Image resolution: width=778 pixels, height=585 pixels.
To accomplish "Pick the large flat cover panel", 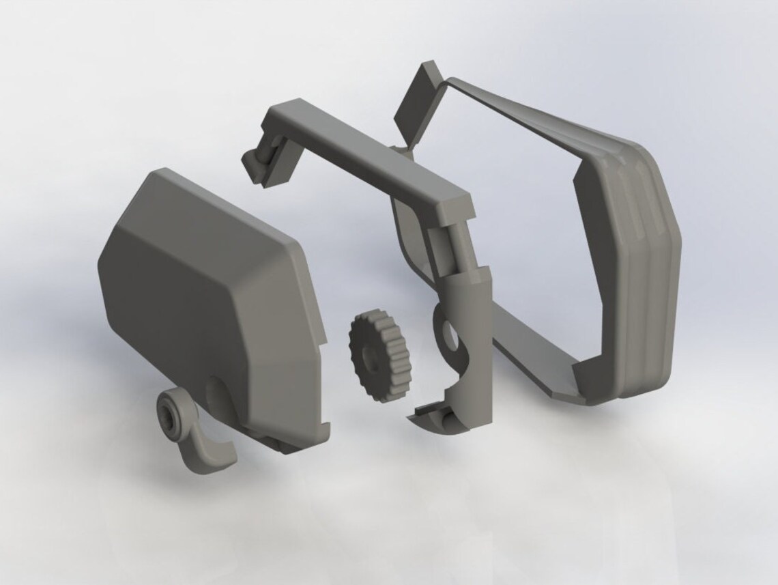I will pyautogui.click(x=205, y=300).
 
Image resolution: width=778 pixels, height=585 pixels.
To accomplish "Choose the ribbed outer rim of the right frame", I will pyautogui.click(x=648, y=273).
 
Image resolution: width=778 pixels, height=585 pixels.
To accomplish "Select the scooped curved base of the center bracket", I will pyautogui.click(x=440, y=416).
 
